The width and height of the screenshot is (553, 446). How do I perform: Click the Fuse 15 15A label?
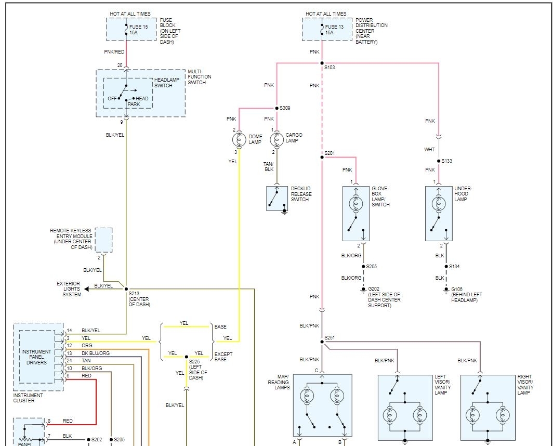[x=139, y=30]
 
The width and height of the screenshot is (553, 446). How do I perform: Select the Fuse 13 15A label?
[x=334, y=30]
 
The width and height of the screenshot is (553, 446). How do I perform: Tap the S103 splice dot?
[x=322, y=63]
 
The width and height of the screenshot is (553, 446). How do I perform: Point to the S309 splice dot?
[x=277, y=108]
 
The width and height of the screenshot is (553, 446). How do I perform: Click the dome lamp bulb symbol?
[x=239, y=140]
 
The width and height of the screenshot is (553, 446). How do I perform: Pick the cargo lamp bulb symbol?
[x=277, y=139]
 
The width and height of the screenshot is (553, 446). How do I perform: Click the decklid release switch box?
[x=277, y=199]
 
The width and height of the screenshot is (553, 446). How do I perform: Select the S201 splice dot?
[x=322, y=157]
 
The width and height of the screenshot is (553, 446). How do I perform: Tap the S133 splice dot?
[x=439, y=161]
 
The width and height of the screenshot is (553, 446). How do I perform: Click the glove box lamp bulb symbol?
[x=356, y=204]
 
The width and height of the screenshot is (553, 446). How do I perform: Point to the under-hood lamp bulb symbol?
[x=439, y=204]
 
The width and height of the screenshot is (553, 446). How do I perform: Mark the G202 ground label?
[x=374, y=289]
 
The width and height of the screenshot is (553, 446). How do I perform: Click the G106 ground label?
[x=457, y=290]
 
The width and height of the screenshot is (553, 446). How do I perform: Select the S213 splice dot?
[x=126, y=289]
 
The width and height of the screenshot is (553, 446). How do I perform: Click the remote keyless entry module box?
[x=104, y=240]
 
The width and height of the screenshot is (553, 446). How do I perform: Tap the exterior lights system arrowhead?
[x=87, y=289]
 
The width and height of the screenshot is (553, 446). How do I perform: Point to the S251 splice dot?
[x=322, y=342]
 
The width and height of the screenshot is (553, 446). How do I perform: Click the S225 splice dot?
[x=186, y=357]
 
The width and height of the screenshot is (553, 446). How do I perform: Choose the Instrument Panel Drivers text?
[x=36, y=357]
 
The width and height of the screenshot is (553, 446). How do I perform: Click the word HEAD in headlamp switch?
[x=142, y=98]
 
